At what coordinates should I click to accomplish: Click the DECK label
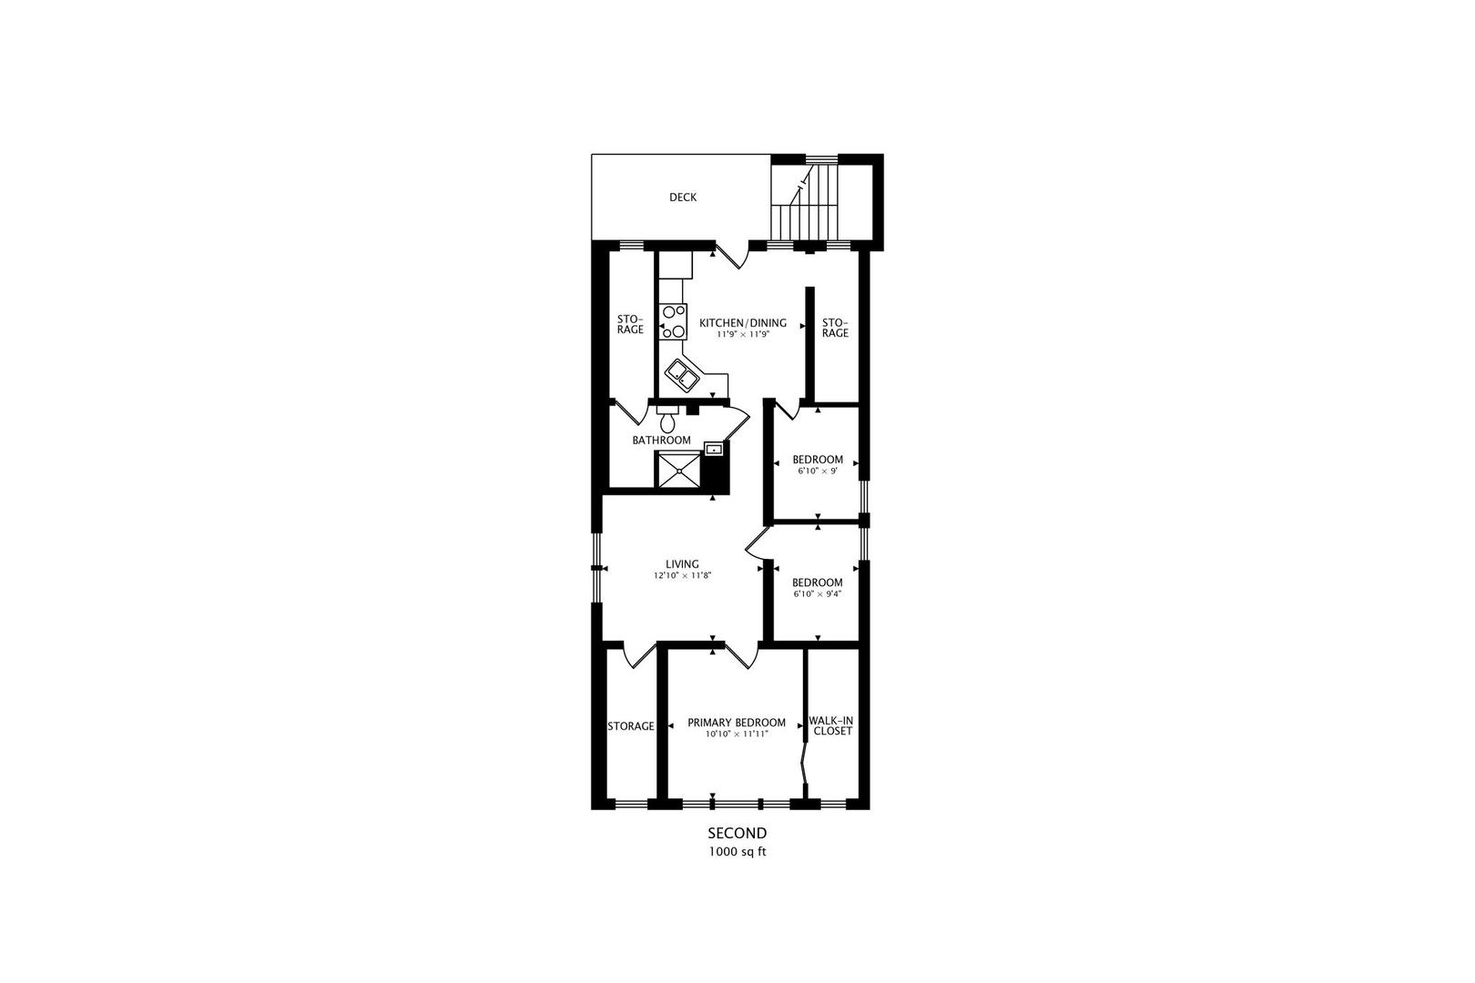click(683, 198)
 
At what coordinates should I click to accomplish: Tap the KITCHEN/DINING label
click(742, 323)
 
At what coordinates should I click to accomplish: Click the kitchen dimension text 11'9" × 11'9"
click(742, 335)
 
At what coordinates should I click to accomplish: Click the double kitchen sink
click(681, 373)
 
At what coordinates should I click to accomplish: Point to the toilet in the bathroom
click(668, 421)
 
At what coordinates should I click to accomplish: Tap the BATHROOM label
click(662, 441)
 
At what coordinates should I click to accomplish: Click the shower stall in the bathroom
click(679, 471)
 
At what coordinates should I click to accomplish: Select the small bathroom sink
click(714, 449)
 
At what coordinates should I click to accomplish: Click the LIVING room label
click(682, 564)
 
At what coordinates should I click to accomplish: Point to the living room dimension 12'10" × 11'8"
click(682, 576)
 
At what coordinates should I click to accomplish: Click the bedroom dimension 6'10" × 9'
click(817, 471)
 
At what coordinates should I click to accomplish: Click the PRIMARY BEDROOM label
click(737, 723)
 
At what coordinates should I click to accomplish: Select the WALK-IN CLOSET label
click(831, 725)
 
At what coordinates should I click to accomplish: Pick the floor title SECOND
click(737, 833)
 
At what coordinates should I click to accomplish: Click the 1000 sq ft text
click(737, 853)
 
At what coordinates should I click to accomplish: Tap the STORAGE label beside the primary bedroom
click(631, 726)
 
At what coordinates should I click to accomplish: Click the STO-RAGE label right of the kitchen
click(835, 328)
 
